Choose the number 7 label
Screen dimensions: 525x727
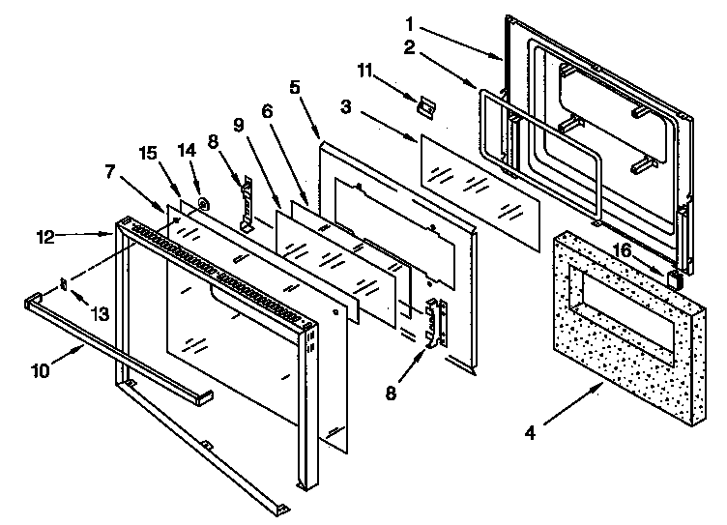coord(110,172)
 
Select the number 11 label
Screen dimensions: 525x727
coord(365,72)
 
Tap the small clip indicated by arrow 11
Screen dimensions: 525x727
coord(422,105)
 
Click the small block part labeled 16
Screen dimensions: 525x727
coord(676,279)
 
